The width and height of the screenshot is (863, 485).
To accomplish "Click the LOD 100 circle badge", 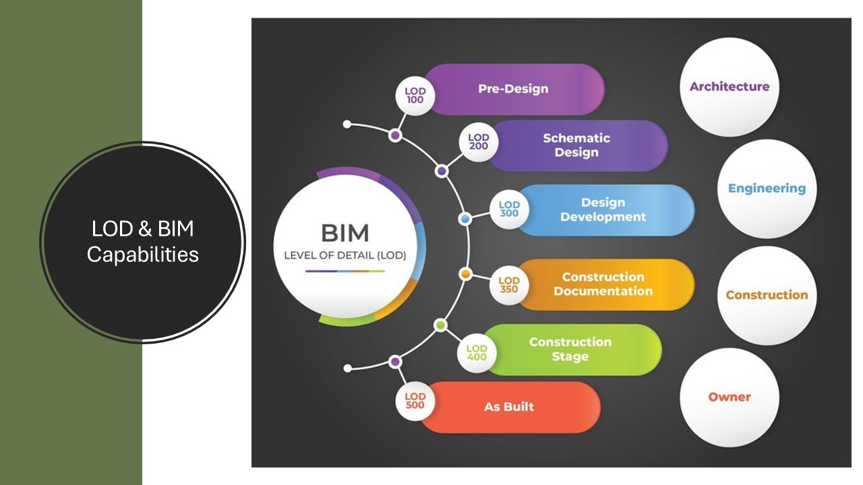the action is [x=415, y=96].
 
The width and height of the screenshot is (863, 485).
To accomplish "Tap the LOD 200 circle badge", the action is [x=479, y=142].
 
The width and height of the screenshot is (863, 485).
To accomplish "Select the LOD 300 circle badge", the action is [x=509, y=209].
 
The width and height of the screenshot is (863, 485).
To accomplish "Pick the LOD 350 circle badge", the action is [x=509, y=285].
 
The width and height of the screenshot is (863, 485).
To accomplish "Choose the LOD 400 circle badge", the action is [x=477, y=353].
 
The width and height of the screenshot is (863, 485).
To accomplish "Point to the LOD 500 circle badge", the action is [x=415, y=401].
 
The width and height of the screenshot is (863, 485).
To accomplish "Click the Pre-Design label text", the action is [x=513, y=89].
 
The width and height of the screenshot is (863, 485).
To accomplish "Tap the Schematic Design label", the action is [x=576, y=145].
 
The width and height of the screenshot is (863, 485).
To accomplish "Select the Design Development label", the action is [x=603, y=209].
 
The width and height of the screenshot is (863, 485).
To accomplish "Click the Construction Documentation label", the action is [x=603, y=284].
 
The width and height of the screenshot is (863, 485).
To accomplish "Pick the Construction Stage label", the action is [x=570, y=349].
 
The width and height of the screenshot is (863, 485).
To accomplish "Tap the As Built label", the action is [x=509, y=407].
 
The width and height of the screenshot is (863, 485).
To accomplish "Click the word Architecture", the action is [x=730, y=87].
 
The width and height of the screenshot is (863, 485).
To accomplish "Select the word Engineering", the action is [x=767, y=189].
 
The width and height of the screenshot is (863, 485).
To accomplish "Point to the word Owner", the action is [x=730, y=397].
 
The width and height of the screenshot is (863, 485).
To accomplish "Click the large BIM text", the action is [x=345, y=233].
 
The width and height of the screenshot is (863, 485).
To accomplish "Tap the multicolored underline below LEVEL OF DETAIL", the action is [x=345, y=271].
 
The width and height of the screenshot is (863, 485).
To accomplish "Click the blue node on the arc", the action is [x=465, y=219].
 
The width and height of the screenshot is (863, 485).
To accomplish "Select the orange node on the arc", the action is [x=465, y=274].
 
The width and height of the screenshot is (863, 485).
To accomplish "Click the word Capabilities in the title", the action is [x=142, y=255].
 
